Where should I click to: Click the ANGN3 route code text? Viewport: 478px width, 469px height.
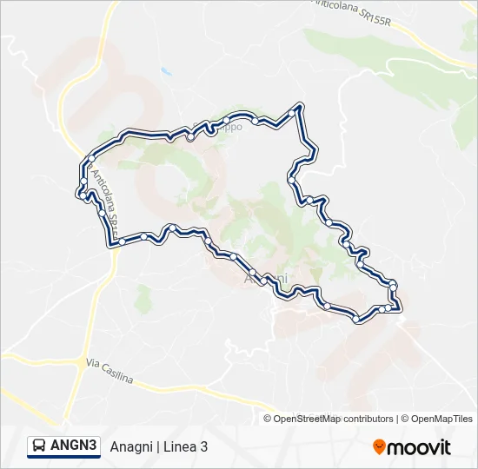coord(73,446)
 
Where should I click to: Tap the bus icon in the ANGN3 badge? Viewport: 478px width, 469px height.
coord(40,446)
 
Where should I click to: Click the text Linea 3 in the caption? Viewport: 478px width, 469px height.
coord(184,447)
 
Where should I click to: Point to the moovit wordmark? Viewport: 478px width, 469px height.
coord(419,447)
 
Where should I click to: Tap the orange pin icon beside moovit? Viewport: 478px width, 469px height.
coord(379,447)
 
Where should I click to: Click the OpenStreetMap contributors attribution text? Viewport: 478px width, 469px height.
coord(334,419)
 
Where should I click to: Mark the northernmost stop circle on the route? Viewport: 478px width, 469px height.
coord(301,107)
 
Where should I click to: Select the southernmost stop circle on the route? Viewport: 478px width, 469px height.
coord(357,320)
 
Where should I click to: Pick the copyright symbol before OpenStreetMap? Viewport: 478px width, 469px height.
coord(269,419)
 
